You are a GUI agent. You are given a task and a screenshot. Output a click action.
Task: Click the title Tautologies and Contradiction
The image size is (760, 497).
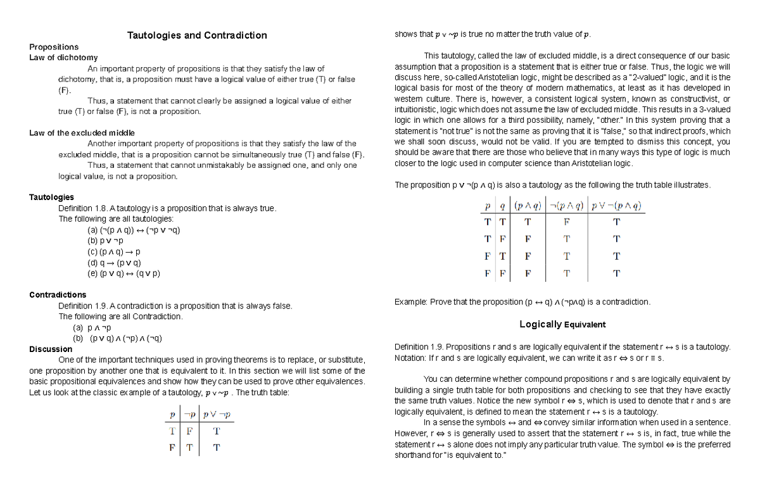coord(197,35)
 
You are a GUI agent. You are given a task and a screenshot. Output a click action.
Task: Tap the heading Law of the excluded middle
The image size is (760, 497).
coord(82,133)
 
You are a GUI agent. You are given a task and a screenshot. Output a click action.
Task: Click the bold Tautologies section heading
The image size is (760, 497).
coord(51,198)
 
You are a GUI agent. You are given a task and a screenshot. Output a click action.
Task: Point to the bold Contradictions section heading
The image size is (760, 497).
coord(58,295)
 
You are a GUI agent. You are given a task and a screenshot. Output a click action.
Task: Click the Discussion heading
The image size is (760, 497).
coord(51,349)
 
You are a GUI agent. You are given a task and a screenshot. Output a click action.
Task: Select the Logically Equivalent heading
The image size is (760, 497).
coord(562,324)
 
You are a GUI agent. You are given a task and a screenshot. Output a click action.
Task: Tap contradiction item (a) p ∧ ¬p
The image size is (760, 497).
coord(92,328)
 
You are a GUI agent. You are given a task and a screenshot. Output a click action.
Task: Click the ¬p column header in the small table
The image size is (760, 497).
coord(189,415)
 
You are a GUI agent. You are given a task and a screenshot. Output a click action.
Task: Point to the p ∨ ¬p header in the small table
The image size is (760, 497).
coord(217,415)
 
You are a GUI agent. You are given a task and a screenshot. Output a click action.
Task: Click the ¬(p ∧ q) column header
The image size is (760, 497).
coord(566,206)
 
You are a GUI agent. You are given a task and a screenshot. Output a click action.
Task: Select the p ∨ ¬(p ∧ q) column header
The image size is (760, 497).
coord(616,206)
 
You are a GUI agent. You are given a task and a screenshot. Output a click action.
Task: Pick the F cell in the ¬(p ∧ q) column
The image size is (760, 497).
coord(566,222)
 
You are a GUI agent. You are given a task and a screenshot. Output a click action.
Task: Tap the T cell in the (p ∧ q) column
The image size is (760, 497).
coord(527,222)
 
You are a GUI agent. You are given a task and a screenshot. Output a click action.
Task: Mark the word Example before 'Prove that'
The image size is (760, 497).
coord(410,302)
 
